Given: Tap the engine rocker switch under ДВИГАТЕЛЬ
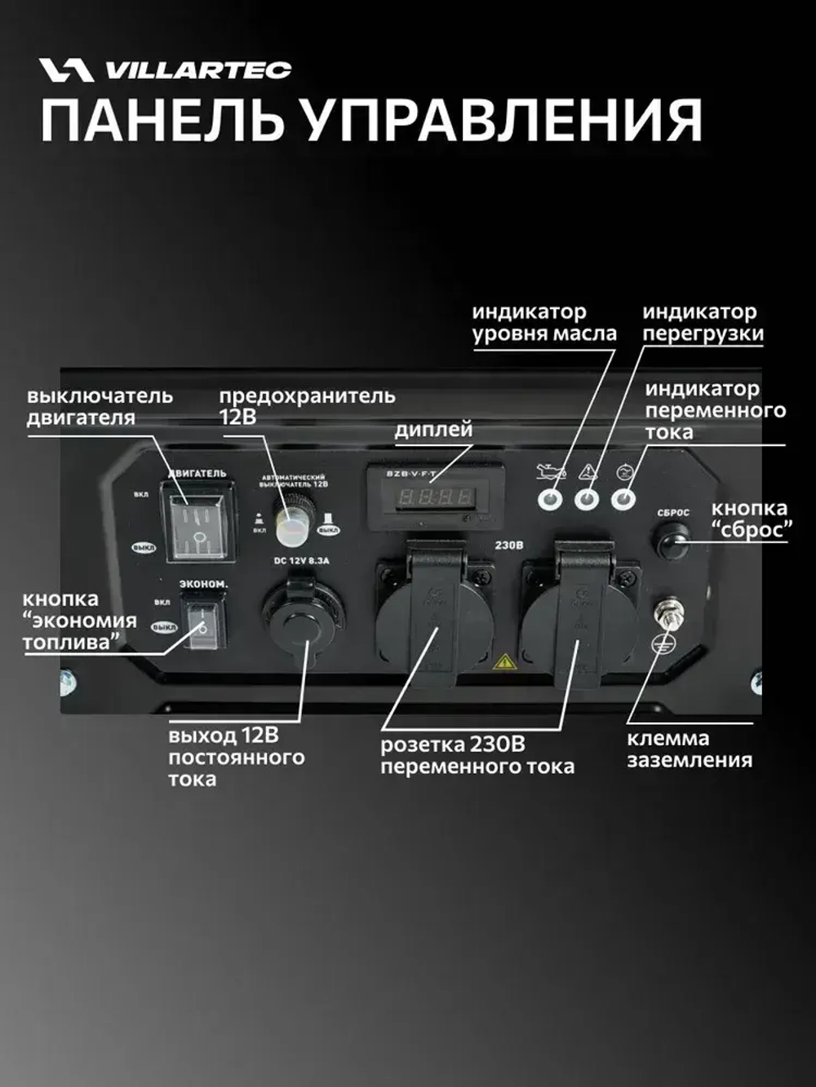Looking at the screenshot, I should click(x=200, y=522).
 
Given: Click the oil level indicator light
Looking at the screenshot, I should click(x=552, y=498).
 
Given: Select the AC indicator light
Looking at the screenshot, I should click(x=625, y=498).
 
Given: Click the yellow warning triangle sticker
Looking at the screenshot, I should click(x=504, y=661).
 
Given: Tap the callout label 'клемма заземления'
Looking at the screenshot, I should click(x=689, y=749).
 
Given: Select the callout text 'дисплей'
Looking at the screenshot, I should click(x=433, y=430).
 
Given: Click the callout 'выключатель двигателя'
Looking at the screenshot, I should click(x=100, y=407).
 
